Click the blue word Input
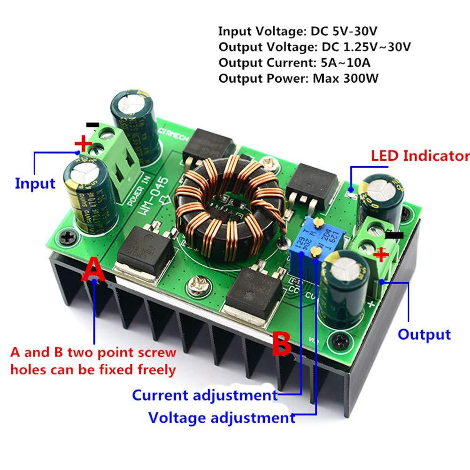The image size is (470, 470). click(x=35, y=183)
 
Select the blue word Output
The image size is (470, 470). click(x=424, y=334)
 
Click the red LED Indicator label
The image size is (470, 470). click(x=420, y=156)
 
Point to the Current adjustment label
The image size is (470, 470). click(x=204, y=395)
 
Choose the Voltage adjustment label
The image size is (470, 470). click(x=221, y=417)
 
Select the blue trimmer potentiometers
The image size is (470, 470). click(x=309, y=242)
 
